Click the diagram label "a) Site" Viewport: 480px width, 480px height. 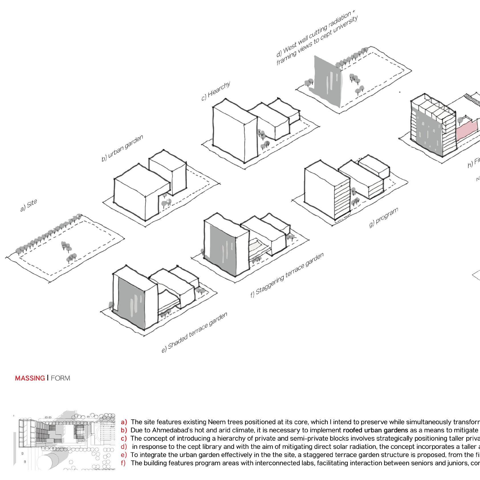pos(29,206)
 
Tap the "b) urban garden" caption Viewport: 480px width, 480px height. pos(122,148)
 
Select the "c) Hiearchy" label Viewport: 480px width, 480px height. pos(215,91)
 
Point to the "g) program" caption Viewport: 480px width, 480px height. pos(383,217)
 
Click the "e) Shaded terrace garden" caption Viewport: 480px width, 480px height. pos(194,332)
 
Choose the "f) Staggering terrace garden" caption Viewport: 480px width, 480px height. pos(287,275)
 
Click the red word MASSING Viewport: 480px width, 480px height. pos(30,378)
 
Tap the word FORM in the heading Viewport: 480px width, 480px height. pos(60,378)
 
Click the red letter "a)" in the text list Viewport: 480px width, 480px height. pos(124,422)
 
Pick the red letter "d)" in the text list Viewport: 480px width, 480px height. pos(124,447)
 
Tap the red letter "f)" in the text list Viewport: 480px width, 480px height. pos(123,463)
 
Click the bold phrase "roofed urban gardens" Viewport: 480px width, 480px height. pos(375,430)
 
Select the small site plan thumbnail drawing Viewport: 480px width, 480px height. pos(64,440)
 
